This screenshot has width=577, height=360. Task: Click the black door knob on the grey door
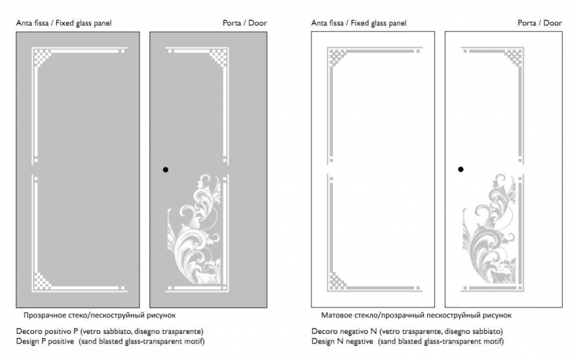[x=166, y=170]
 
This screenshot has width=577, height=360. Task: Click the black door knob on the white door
[x=461, y=170]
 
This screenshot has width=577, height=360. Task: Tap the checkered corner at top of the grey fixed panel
[x=42, y=57]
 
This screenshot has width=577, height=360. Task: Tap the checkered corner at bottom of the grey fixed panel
[x=42, y=281]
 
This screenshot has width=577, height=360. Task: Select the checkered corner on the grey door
[x=219, y=57]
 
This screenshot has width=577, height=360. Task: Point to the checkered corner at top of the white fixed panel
[x=337, y=57]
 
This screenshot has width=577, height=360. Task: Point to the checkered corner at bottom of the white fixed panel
[x=337, y=281]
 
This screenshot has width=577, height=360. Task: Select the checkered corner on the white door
[x=514, y=57]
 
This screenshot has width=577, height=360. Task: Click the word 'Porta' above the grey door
[x=232, y=23]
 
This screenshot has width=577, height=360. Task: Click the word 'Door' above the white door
[x=552, y=23]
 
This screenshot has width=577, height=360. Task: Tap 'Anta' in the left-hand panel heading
[x=24, y=23]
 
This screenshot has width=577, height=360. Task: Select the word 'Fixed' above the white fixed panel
[x=360, y=23]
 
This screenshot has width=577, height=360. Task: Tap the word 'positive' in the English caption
[x=61, y=341]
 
